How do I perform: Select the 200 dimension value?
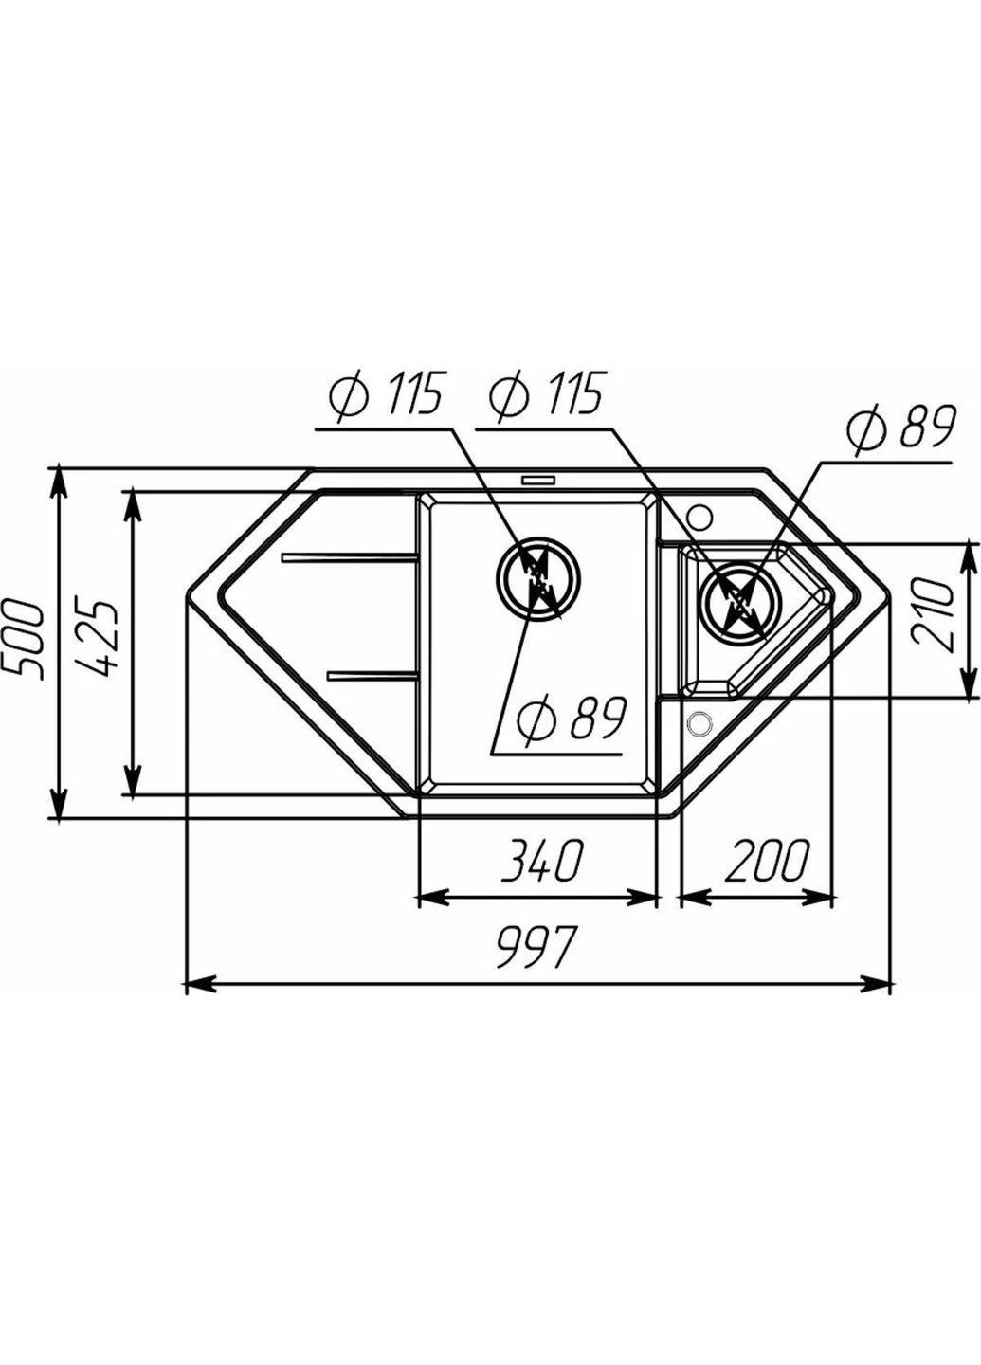click(767, 860)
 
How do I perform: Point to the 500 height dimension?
click(23, 639)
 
